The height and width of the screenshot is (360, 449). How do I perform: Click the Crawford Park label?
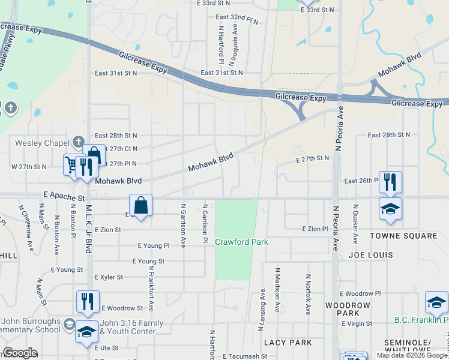point(241,242)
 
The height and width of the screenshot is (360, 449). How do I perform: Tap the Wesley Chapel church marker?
point(77,142)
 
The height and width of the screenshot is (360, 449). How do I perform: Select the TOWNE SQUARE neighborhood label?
point(403,236)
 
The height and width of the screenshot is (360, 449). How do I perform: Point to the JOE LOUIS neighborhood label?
point(371,255)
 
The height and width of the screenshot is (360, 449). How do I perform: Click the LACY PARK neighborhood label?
point(288,343)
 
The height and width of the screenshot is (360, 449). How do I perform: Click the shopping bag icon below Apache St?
point(140,206)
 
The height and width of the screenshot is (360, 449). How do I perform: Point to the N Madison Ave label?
point(278,290)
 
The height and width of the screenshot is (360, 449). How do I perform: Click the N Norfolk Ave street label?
point(308,294)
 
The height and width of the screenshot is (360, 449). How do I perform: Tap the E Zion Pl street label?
point(315,229)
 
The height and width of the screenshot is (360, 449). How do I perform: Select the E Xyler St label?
point(109,277)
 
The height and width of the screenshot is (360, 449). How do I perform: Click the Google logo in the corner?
point(20,353)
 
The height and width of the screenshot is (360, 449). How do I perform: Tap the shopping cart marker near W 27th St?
point(73,164)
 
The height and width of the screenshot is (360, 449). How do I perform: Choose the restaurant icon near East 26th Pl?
point(390,181)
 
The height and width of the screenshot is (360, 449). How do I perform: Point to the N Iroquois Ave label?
point(235,38)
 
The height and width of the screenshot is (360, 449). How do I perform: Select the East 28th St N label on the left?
point(116,136)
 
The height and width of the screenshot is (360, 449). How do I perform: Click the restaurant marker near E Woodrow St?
point(88,301)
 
